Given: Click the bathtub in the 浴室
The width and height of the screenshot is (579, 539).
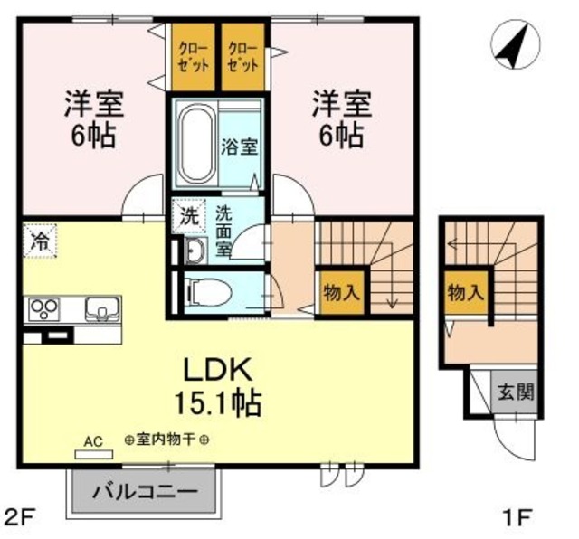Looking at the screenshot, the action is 196,144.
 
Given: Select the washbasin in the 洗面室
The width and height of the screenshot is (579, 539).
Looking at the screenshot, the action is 195,251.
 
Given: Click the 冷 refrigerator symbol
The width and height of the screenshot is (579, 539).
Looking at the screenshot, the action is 40,241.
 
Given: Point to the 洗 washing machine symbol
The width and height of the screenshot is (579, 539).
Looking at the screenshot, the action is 189,216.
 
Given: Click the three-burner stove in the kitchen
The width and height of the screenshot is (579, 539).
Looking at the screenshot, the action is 44,308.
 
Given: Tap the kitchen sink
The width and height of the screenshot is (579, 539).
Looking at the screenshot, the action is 102,309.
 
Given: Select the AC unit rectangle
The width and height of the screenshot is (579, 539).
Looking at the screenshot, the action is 94,454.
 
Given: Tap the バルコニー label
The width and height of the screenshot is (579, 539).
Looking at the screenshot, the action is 145,491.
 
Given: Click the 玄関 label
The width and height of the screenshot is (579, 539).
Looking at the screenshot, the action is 516,392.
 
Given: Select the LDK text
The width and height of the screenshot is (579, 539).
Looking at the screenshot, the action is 218,370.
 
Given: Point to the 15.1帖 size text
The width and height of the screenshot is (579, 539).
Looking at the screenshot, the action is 218,403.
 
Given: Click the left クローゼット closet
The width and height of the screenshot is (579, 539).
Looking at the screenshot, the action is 193,57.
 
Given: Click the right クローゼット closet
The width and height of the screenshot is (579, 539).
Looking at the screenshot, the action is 243,57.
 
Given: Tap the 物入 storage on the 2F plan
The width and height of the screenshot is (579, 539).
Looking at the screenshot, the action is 341,293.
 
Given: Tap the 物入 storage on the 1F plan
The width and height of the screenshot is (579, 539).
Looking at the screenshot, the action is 465,293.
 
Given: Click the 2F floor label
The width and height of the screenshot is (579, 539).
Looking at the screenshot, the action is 20,517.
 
